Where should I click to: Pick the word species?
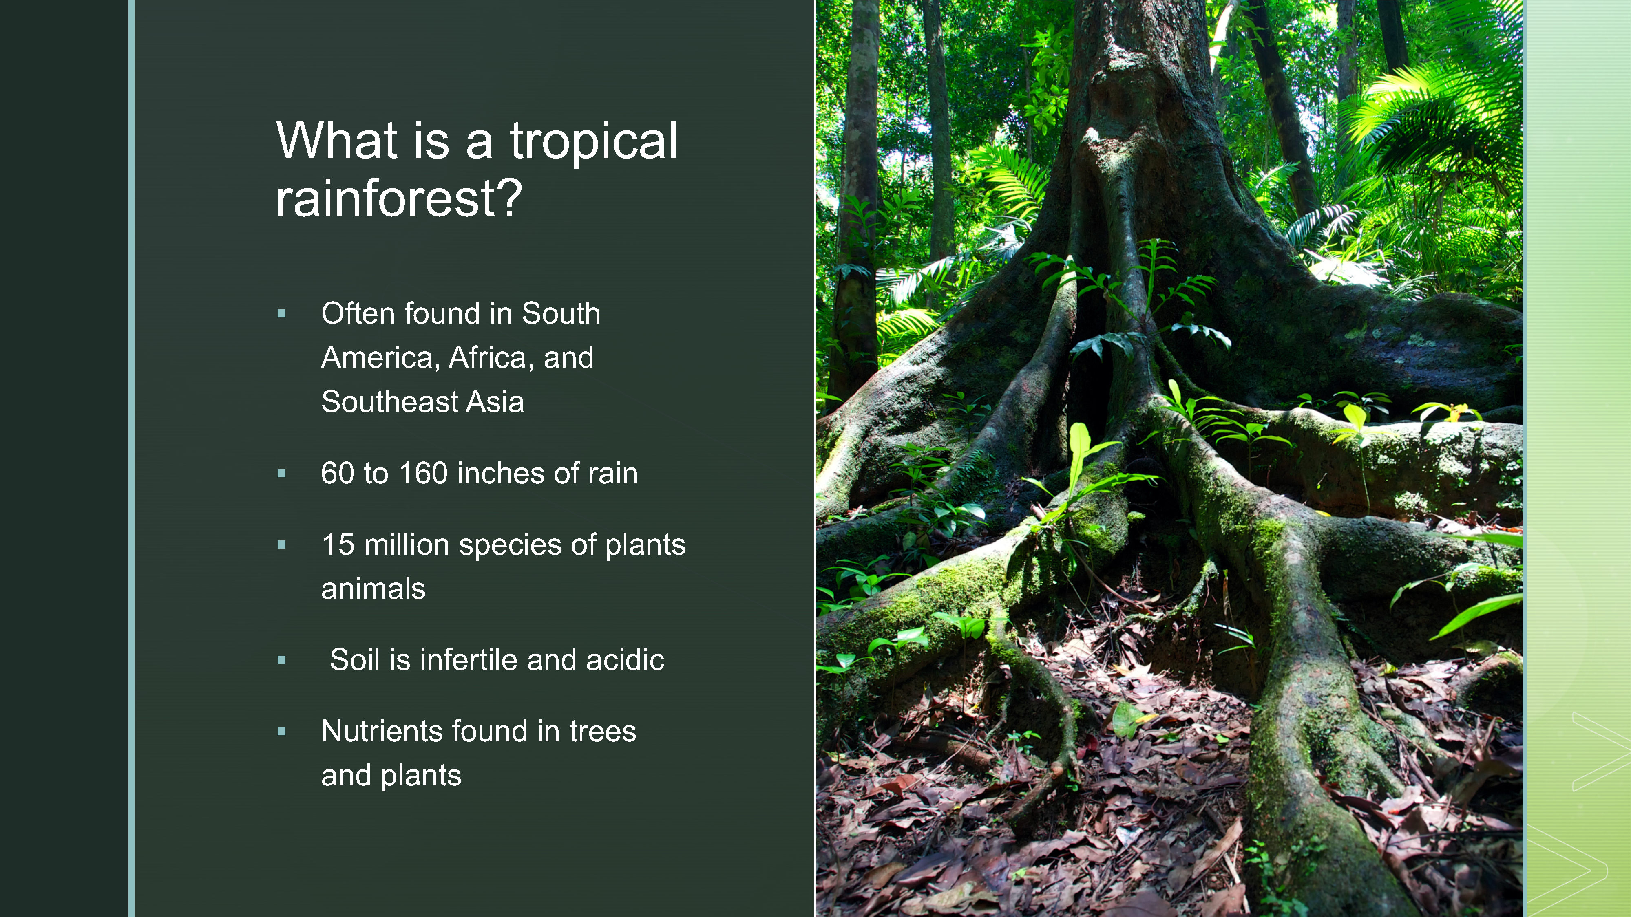coord(510,546)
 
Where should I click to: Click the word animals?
coord(373,589)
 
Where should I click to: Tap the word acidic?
coord(625,660)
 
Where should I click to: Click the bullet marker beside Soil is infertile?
coord(282,661)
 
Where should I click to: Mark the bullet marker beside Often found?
coord(282,313)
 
